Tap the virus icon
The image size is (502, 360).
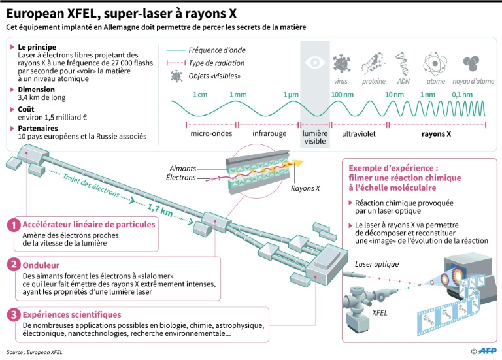coord(341,63)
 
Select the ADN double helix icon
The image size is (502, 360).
coord(404,63)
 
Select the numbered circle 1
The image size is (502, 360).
coord(12,225)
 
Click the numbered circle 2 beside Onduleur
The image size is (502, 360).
coord(12,265)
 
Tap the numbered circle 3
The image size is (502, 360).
coord(12,315)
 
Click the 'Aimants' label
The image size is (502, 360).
coord(182,168)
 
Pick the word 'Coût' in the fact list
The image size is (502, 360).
coord(29,110)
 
